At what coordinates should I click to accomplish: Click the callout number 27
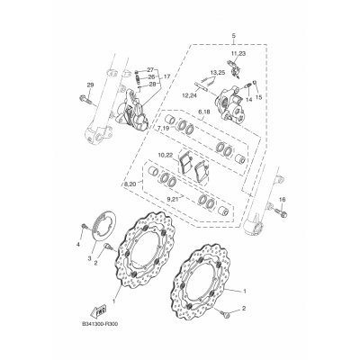[150, 69]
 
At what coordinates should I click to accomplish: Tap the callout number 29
[88, 85]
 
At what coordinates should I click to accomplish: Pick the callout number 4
[78, 244]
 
